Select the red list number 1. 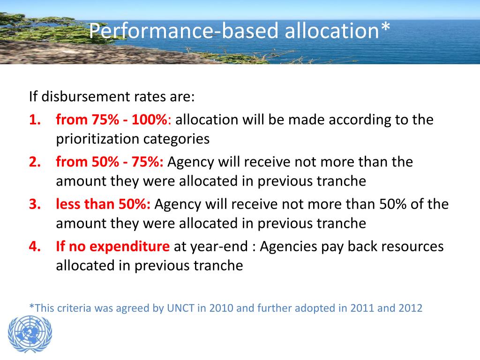point(35,120)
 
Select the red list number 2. point(35,162)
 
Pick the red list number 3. point(35,204)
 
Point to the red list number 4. point(35,246)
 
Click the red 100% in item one point(150,120)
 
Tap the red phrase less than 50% point(103,204)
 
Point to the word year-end point(219,247)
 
